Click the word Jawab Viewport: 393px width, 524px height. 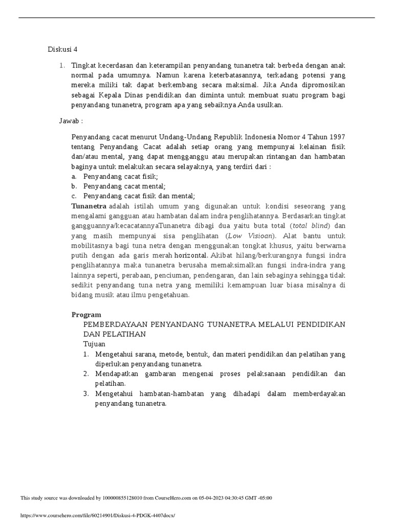70,120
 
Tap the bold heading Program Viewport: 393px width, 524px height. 86,315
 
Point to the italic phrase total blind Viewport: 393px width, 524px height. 311,226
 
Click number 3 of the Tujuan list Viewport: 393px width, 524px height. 85,394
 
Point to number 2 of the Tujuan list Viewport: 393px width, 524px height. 85,374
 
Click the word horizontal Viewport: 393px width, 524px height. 191,255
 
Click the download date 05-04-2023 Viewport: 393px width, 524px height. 209,498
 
